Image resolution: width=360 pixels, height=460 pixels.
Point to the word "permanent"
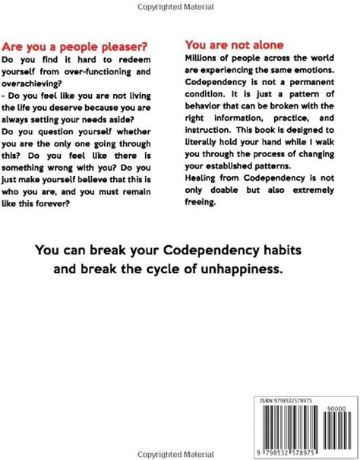tap(308, 83)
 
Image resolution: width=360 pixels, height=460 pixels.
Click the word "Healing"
tap(203, 178)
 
